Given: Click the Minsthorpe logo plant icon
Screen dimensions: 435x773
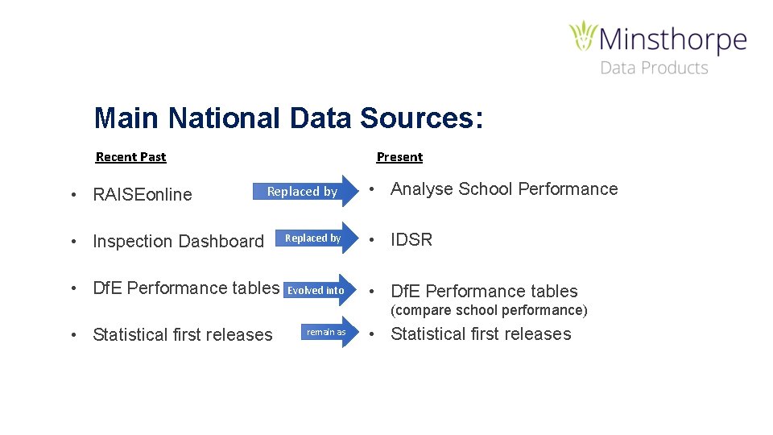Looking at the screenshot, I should coord(583,37).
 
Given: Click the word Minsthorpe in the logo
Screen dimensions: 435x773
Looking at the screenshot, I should coord(673,39).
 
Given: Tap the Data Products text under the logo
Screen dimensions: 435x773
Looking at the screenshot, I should coord(654,68).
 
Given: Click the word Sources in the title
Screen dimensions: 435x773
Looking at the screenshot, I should coord(422,118).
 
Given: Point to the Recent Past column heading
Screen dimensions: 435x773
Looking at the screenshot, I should coord(130,157).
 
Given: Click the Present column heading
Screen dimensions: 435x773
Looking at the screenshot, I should coord(399,157).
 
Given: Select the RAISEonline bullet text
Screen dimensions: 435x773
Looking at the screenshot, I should coord(143,194).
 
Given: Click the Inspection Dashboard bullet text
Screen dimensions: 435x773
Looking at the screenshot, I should coord(178,241).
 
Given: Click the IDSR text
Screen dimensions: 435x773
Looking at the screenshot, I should coord(411,240).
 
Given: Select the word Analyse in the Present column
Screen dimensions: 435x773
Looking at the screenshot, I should coord(422,189).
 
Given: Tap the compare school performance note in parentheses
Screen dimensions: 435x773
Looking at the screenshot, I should coord(489,310).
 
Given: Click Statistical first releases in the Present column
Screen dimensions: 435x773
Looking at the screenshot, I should coord(481,334).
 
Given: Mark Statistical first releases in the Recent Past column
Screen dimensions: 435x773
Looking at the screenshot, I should coord(183,335).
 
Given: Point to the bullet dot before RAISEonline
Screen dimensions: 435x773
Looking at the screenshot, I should coord(73,195).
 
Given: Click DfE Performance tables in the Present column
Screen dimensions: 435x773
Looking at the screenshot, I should coord(484,292).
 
